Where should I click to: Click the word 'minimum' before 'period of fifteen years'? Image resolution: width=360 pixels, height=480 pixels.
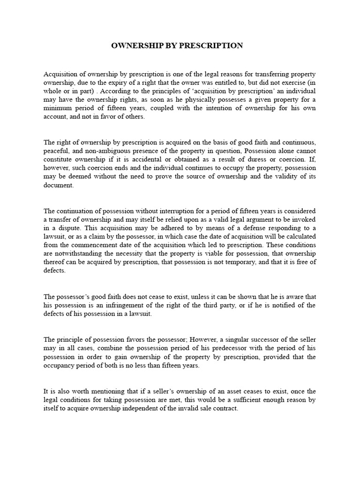[56, 108]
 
